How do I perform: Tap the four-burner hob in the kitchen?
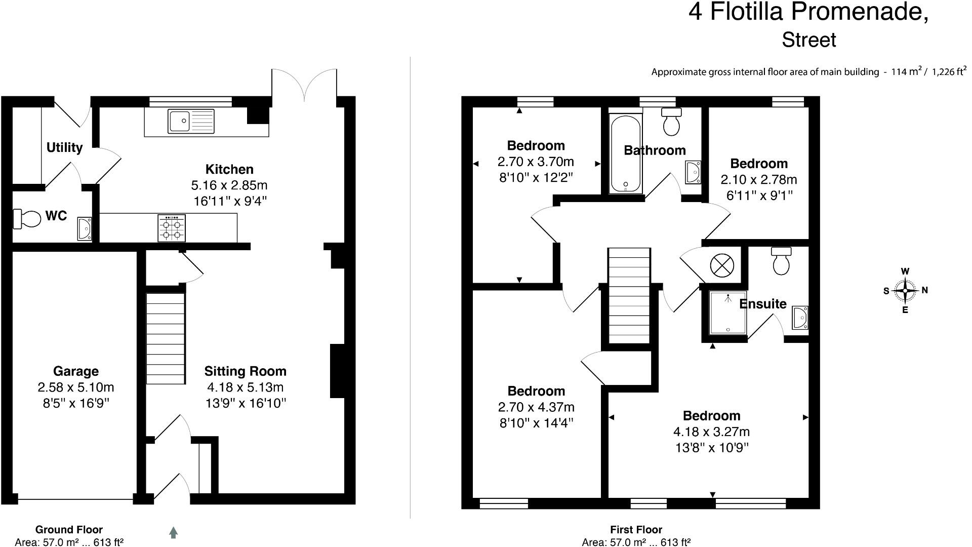(x=172, y=228)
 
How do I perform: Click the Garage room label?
(x=76, y=371)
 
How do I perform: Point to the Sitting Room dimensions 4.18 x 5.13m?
(x=245, y=387)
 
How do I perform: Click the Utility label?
(x=64, y=147)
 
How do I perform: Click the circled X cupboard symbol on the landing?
(x=721, y=265)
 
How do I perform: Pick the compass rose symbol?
(x=905, y=291)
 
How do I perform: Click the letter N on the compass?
(x=924, y=290)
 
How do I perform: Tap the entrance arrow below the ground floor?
(x=173, y=532)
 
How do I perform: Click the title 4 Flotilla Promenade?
(x=808, y=12)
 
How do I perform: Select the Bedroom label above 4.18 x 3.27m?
(x=711, y=416)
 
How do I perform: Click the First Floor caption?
(x=636, y=530)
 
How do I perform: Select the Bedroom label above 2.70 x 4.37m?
(x=536, y=391)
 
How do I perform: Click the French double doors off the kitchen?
(x=304, y=84)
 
